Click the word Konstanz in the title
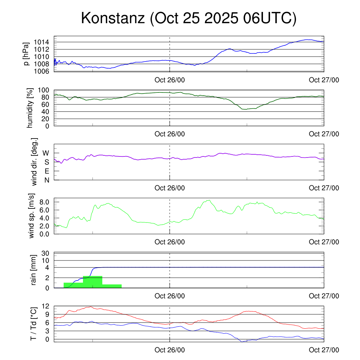coord(113,18)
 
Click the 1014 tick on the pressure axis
coord(43,42)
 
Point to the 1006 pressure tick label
coord(43,71)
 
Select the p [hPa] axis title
coord(26,54)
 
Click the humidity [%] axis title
coord(30,108)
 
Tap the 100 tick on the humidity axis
coord(45,90)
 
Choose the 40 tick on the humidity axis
coord(47,111)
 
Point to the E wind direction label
coord(46,171)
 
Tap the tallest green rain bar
coord(92,282)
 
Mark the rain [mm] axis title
coord(34,271)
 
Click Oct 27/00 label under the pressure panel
coord(324,80)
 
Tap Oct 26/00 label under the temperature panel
coord(170,350)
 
